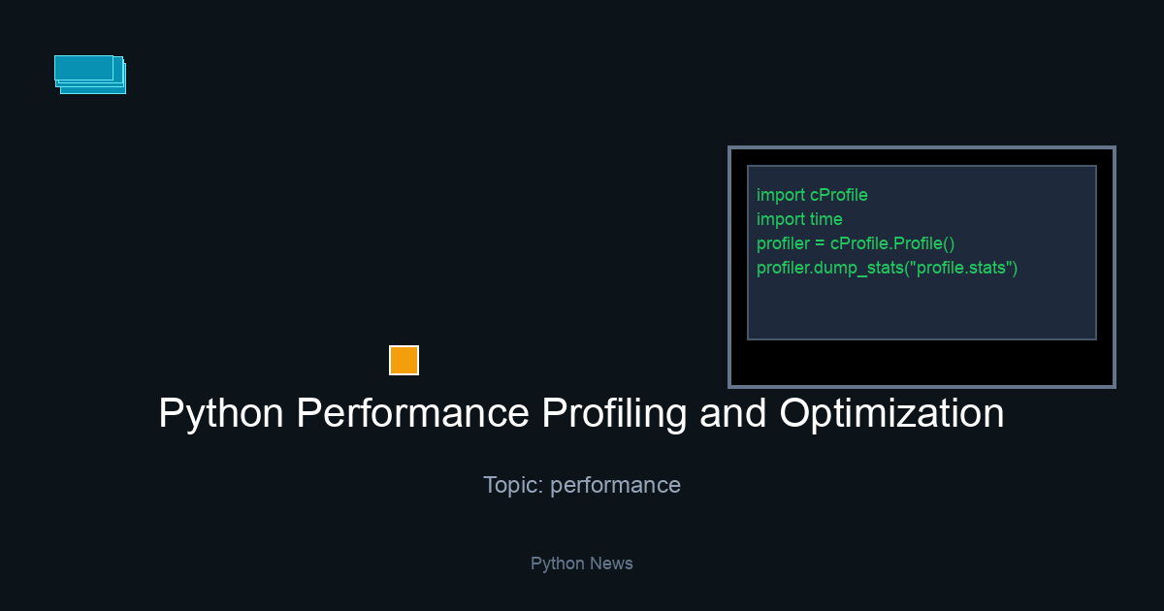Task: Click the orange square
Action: click(404, 360)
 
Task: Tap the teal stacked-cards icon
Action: click(90, 75)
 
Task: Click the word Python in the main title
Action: click(221, 413)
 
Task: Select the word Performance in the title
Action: click(412, 413)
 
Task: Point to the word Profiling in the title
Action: click(614, 413)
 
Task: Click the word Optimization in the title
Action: click(891, 413)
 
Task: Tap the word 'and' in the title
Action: click(733, 413)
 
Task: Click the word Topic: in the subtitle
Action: click(513, 485)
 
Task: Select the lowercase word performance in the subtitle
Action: click(615, 486)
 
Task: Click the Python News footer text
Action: click(581, 563)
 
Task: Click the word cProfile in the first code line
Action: click(839, 195)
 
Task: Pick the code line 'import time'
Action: click(799, 219)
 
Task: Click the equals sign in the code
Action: click(820, 243)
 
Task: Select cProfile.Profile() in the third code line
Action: click(892, 243)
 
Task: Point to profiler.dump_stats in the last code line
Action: click(830, 268)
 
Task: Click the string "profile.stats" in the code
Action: click(961, 268)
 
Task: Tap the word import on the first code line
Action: click(781, 195)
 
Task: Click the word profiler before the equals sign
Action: click(783, 243)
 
